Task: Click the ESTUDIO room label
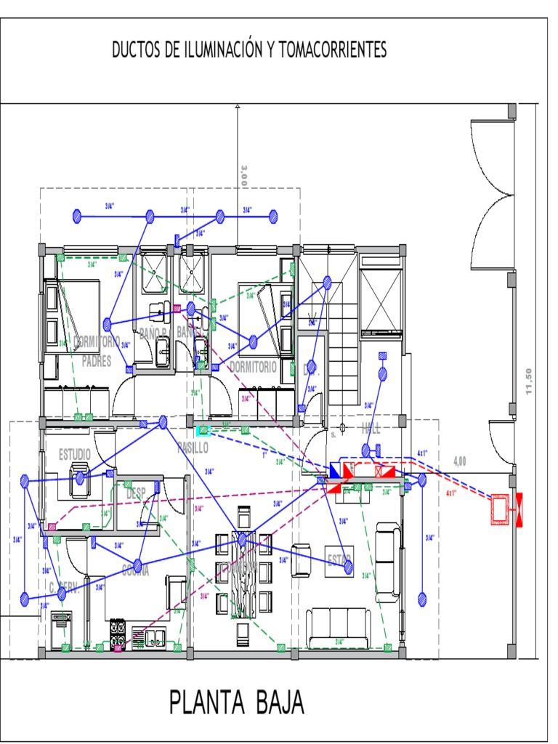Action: (x=75, y=454)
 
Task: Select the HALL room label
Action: (x=371, y=429)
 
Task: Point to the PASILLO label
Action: (x=193, y=448)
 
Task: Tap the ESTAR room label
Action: (x=339, y=560)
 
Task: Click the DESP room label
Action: (x=136, y=493)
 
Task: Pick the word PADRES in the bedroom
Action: (x=97, y=361)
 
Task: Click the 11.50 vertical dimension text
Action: (x=530, y=381)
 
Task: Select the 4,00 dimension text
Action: (x=459, y=461)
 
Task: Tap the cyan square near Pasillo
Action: (x=201, y=430)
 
